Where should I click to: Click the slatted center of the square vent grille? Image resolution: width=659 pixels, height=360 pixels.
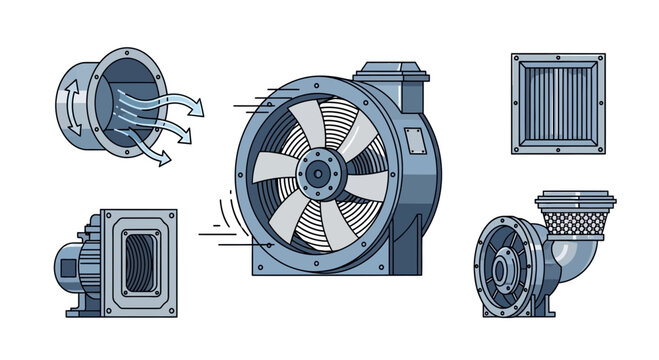tap(558, 104)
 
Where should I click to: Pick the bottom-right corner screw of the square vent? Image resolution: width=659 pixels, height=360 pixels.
tap(598, 147)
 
